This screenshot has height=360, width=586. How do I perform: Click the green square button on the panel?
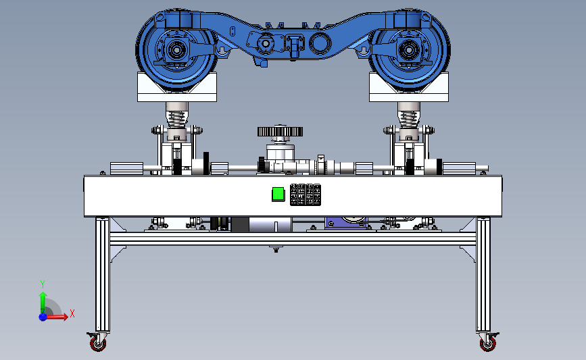278,195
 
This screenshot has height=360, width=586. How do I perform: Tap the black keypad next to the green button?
306,195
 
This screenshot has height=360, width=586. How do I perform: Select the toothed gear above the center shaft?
280,132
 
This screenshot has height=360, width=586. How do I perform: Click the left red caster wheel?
98,343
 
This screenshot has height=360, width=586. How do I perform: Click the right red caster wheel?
488,343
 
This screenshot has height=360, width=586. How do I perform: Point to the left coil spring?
177,120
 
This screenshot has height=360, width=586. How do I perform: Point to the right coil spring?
408,120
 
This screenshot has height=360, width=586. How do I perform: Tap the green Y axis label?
43,284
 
